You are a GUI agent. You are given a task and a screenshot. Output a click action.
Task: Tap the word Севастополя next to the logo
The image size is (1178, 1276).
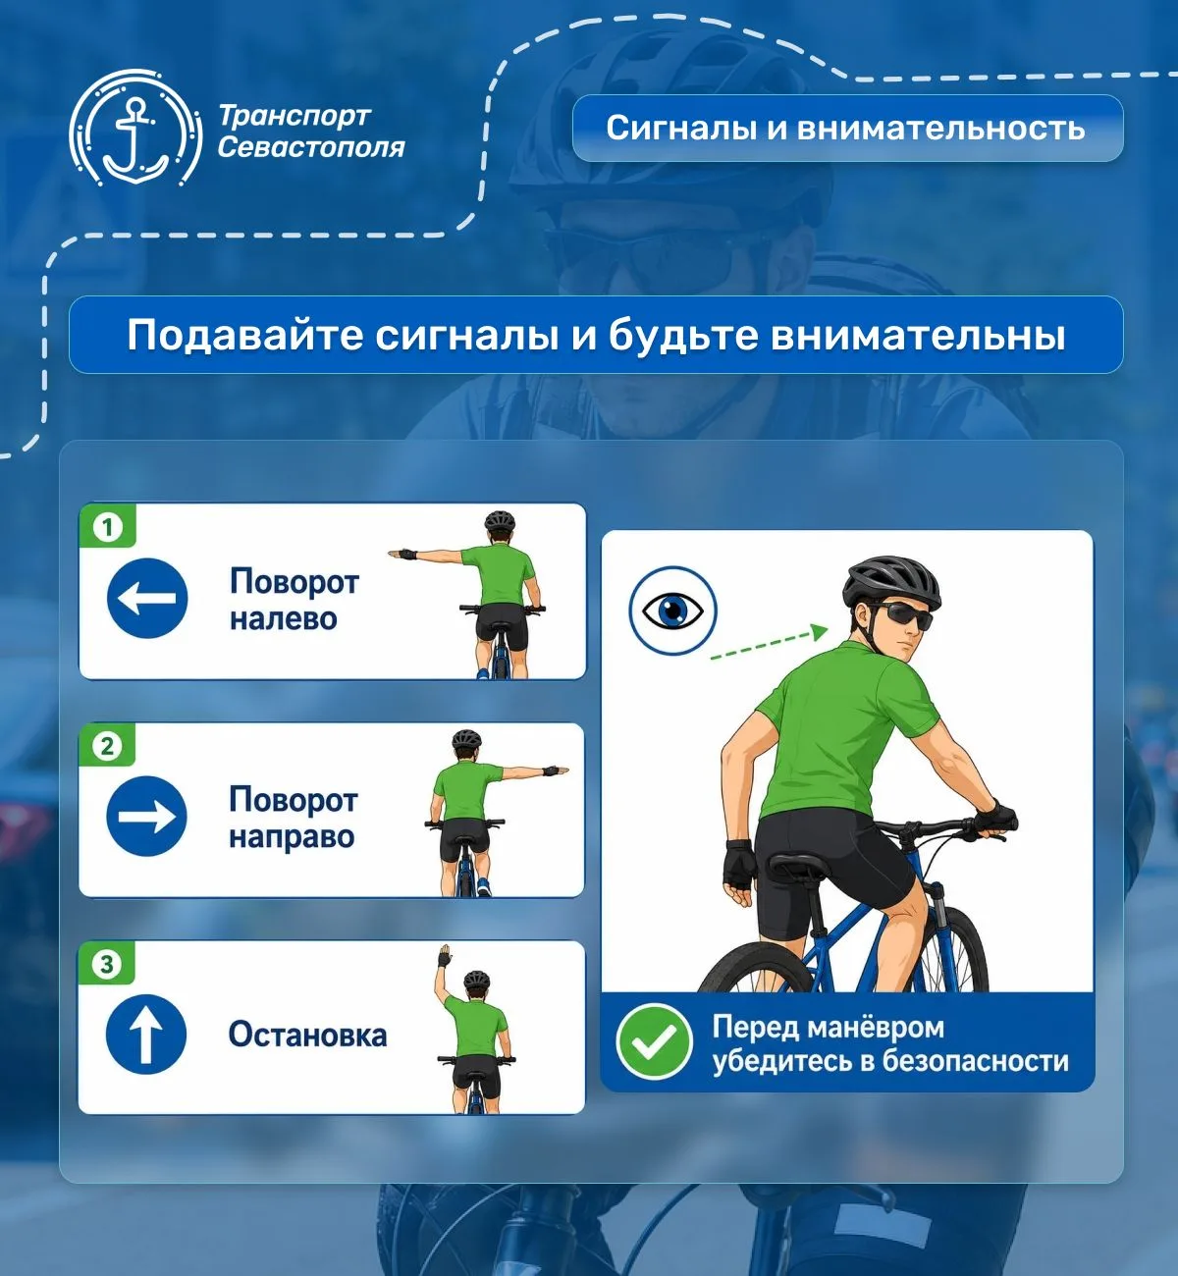(x=311, y=148)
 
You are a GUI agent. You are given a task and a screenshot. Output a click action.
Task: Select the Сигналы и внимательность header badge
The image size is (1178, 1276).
(x=847, y=128)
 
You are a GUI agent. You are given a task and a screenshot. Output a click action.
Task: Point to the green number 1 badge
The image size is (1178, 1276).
(x=107, y=527)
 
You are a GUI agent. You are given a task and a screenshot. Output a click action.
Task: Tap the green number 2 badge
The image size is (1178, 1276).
(x=107, y=746)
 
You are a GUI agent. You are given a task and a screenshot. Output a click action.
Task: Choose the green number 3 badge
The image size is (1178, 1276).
(x=107, y=964)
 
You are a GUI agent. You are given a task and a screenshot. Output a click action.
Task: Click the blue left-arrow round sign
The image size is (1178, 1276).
(x=147, y=598)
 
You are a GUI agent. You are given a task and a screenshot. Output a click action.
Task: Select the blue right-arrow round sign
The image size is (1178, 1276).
(x=146, y=817)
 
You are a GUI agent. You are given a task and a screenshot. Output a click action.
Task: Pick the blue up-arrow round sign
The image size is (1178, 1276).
(x=146, y=1035)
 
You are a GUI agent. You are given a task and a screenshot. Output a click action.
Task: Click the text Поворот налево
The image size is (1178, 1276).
(x=294, y=600)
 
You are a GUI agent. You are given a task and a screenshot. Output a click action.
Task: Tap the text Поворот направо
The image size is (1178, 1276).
(x=294, y=818)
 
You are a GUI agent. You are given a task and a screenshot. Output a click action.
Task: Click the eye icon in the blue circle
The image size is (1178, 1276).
(x=672, y=611)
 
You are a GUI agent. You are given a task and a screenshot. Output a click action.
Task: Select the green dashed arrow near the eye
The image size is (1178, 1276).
(x=769, y=643)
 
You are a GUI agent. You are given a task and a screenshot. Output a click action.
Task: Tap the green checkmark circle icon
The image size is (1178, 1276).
(x=654, y=1040)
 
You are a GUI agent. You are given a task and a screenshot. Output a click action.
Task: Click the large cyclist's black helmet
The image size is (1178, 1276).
(x=891, y=582)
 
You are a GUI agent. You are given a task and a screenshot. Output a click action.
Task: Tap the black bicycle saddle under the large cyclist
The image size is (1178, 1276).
(x=801, y=864)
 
